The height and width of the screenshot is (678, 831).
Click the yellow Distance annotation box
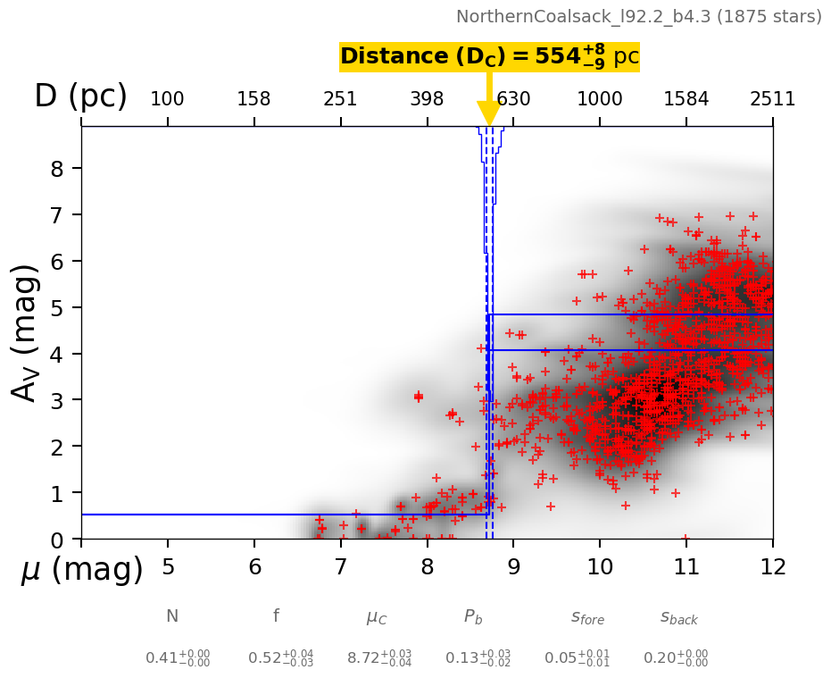(x=489, y=57)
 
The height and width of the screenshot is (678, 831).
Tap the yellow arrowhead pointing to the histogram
(x=489, y=113)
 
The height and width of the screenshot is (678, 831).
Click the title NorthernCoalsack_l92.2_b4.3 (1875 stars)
(x=638, y=17)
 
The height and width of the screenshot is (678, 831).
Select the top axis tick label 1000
(x=600, y=99)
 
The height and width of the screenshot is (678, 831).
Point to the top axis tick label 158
(x=253, y=99)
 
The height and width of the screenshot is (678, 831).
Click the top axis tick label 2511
(x=772, y=99)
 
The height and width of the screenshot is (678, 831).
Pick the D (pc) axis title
(x=80, y=96)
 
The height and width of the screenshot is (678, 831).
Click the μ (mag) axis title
(x=82, y=569)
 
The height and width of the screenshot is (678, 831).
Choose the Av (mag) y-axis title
(x=27, y=332)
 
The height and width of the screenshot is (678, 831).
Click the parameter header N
(x=172, y=616)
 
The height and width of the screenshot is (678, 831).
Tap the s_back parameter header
(x=679, y=617)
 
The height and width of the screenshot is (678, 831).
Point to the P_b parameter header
(x=474, y=617)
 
